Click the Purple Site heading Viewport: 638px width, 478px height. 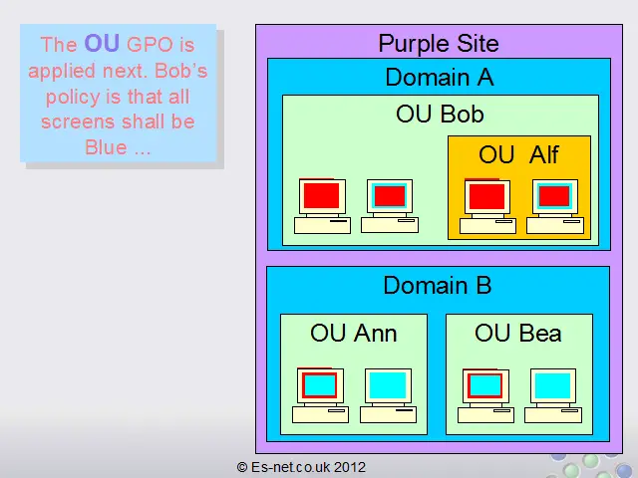[439, 44]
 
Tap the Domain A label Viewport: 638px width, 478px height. [440, 78]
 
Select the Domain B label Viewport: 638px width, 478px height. [438, 286]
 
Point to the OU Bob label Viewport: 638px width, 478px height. [440, 114]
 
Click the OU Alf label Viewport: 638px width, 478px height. [518, 155]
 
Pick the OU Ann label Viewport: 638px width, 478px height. [353, 334]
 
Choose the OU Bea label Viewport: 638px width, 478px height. [518, 334]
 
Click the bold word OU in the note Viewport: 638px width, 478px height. [102, 43]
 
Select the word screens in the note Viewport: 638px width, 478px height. [78, 122]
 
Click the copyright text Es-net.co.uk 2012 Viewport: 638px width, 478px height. [301, 467]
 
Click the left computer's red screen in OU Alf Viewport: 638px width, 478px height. [486, 196]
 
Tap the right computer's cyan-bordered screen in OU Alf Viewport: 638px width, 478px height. [554, 196]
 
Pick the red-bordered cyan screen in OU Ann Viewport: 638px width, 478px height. [319, 385]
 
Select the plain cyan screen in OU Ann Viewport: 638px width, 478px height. [388, 385]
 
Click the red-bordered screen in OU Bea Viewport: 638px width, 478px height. [484, 385]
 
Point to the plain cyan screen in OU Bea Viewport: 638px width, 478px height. [552, 385]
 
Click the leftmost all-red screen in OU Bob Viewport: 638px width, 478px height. [321, 195]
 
